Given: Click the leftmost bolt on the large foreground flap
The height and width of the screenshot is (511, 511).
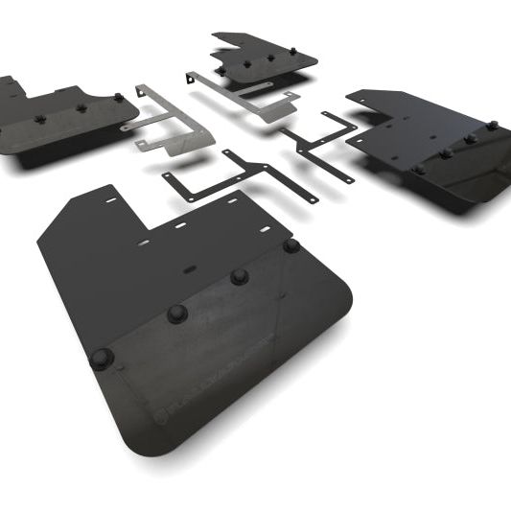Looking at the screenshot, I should [x=102, y=359].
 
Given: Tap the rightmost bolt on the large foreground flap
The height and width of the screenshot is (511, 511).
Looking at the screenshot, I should [x=291, y=246].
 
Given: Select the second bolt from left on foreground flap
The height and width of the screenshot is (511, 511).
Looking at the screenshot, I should [x=176, y=314].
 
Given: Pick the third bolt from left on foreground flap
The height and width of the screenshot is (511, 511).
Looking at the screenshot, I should [x=240, y=277].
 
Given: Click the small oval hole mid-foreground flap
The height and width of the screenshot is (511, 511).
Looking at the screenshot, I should [x=179, y=226].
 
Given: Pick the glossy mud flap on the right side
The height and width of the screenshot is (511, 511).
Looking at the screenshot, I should [x=431, y=144].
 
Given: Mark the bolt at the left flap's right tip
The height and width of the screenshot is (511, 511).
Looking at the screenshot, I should [x=119, y=98].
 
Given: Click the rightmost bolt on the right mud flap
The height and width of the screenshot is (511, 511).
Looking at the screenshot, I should [x=492, y=126].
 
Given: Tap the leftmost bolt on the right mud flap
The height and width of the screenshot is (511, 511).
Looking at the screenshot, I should [x=418, y=169].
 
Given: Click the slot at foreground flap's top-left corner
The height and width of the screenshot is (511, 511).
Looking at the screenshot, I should [x=110, y=199].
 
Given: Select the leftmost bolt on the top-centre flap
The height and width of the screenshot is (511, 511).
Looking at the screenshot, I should [x=221, y=70].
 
